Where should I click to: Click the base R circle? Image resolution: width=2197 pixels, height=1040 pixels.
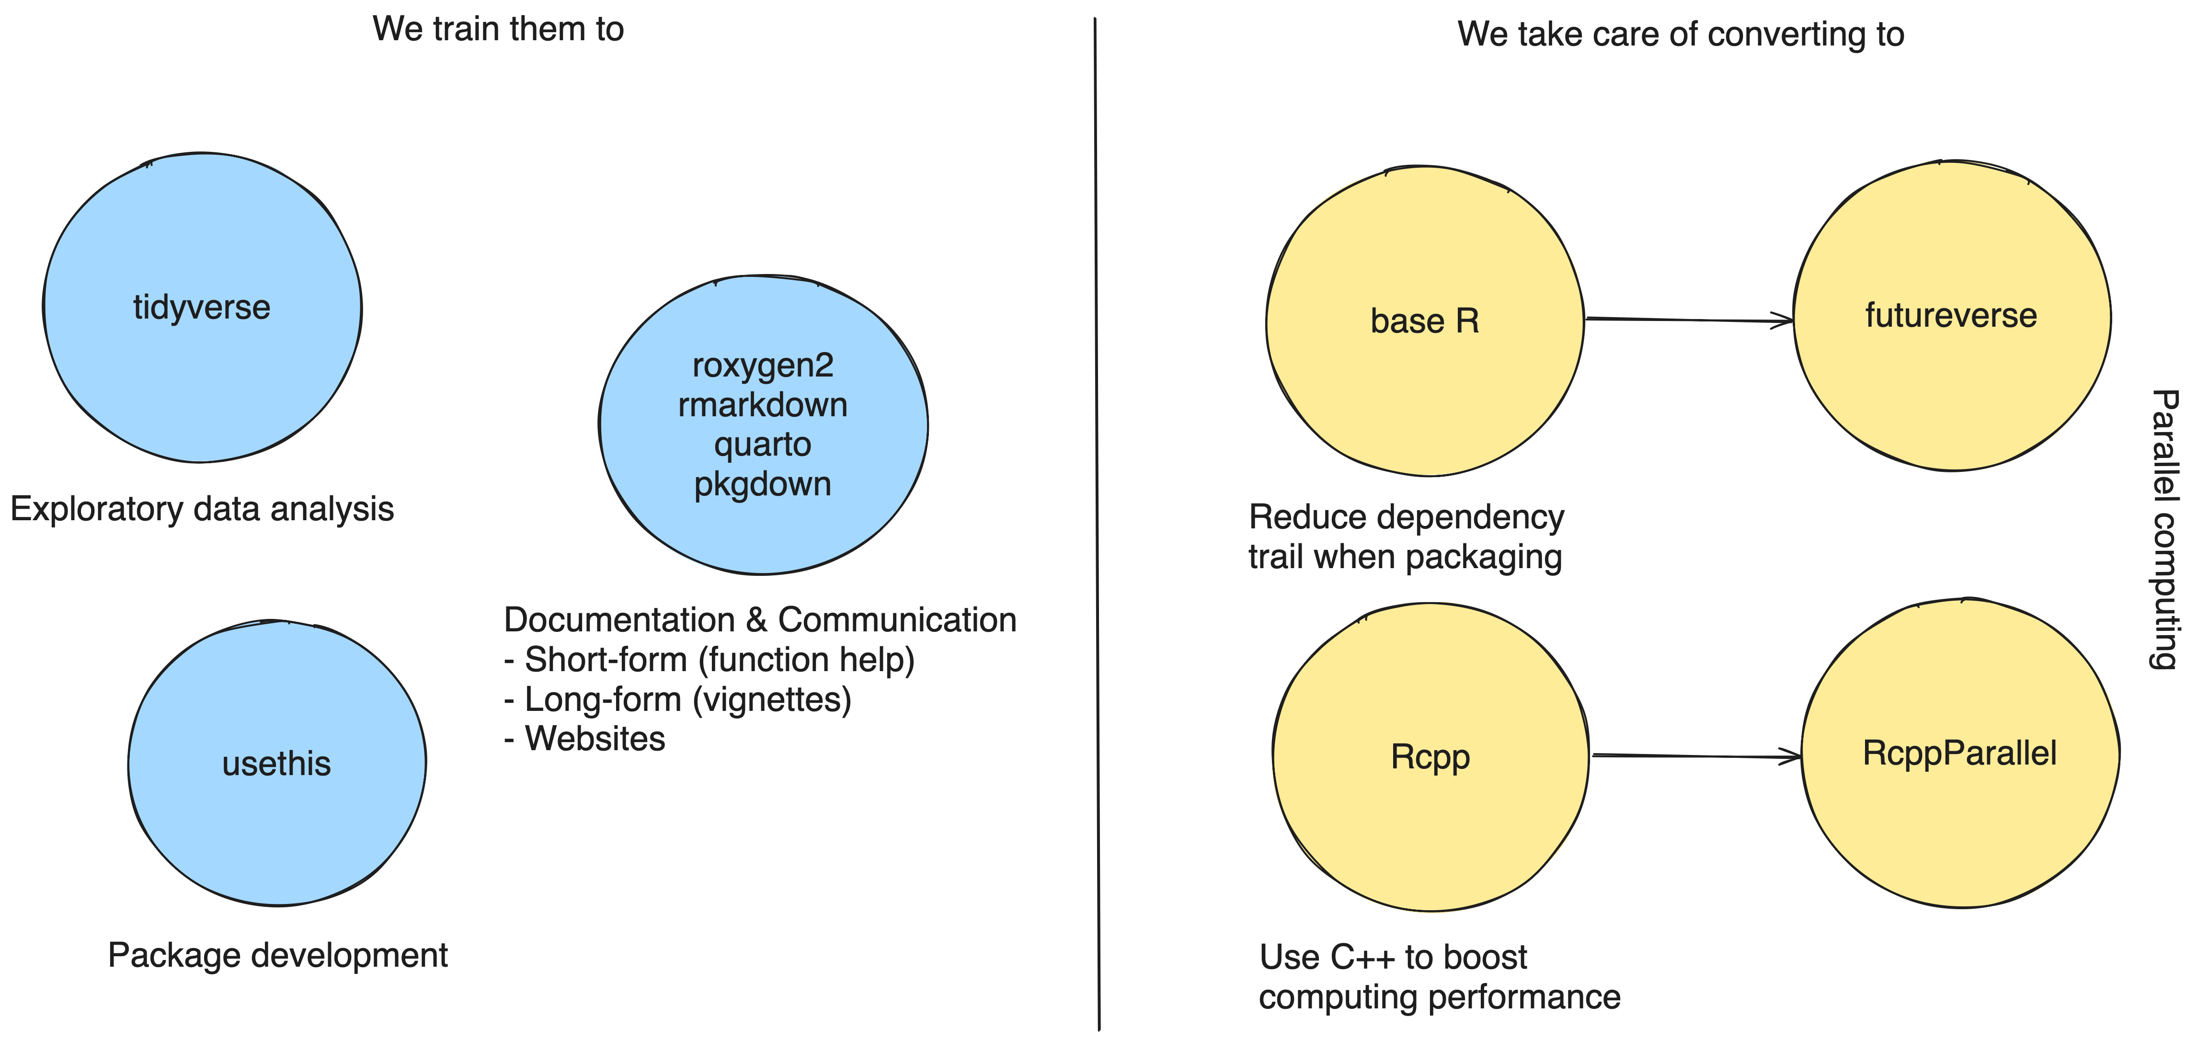(1425, 321)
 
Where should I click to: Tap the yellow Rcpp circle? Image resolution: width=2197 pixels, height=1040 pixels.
(1430, 757)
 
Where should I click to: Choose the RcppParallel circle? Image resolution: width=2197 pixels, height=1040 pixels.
(1960, 754)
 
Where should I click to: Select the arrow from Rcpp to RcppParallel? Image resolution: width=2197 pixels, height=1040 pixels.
(1697, 756)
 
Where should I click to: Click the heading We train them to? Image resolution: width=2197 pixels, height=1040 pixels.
(498, 29)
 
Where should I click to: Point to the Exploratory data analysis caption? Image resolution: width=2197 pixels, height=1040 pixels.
(202, 509)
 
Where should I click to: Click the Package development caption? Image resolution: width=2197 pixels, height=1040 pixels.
(277, 956)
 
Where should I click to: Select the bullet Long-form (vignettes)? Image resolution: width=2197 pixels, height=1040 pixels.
(678, 699)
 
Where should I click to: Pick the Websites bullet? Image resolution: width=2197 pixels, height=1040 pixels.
(585, 739)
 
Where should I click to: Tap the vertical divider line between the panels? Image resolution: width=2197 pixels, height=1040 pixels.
(1097, 524)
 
